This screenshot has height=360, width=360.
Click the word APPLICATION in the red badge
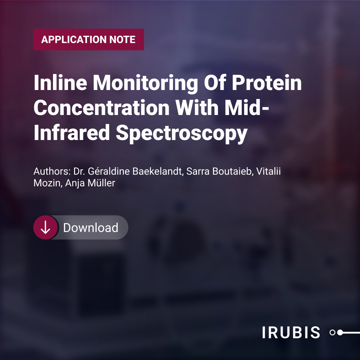(x=73, y=39)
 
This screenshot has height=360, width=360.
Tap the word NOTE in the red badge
(x=122, y=39)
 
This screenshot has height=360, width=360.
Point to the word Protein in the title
(x=267, y=83)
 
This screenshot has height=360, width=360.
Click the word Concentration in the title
(x=102, y=108)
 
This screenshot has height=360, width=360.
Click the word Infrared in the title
(x=72, y=132)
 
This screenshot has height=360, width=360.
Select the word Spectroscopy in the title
(x=182, y=134)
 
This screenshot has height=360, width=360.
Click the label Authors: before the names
(x=52, y=171)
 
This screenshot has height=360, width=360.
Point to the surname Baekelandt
(x=158, y=171)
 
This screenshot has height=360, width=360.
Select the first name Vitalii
(x=268, y=171)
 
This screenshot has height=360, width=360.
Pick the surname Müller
(x=101, y=183)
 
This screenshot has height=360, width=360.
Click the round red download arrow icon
(x=45, y=228)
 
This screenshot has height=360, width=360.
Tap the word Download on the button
(x=91, y=228)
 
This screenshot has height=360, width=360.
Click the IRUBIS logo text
(x=291, y=332)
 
